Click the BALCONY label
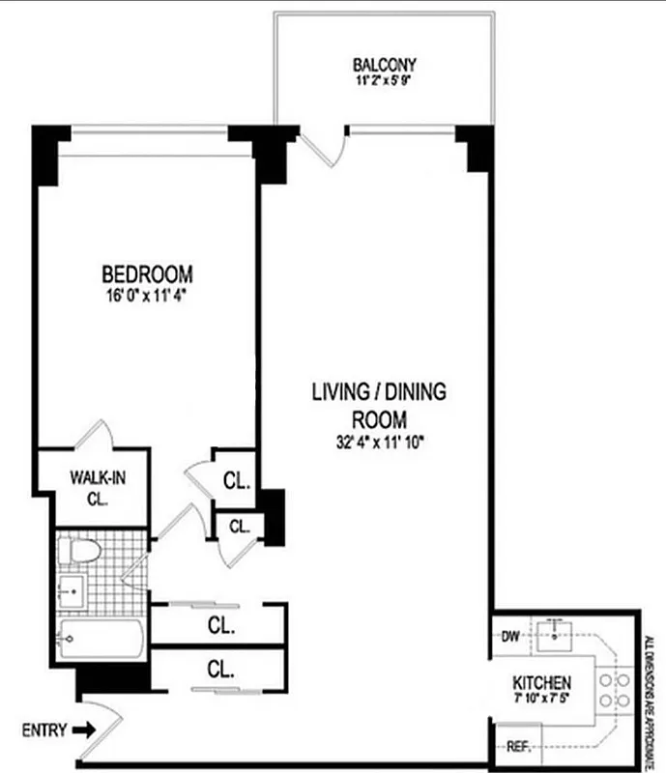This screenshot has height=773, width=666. pos(384,66)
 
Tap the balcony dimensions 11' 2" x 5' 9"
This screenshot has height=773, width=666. pos(384,81)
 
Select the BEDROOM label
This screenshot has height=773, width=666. pos(148,273)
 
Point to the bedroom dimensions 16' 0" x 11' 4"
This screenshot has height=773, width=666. pos(148,297)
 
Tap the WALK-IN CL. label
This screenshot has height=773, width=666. pos(95,487)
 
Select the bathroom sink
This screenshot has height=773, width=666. pos(72,589)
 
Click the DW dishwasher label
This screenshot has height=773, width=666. pos(510,635)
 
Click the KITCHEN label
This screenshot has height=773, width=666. pos(548,682)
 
